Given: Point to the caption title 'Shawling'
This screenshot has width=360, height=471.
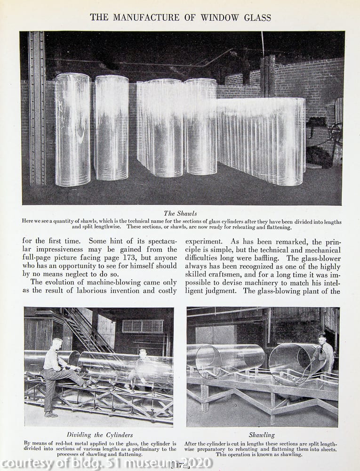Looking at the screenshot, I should (x=262, y=435).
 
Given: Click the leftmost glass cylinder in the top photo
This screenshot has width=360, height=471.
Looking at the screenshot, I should (x=72, y=130).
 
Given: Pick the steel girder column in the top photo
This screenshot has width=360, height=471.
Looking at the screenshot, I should (x=37, y=108).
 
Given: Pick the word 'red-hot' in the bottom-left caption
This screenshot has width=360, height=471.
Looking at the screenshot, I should (x=67, y=444).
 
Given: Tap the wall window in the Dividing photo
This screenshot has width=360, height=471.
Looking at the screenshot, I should (x=143, y=326).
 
